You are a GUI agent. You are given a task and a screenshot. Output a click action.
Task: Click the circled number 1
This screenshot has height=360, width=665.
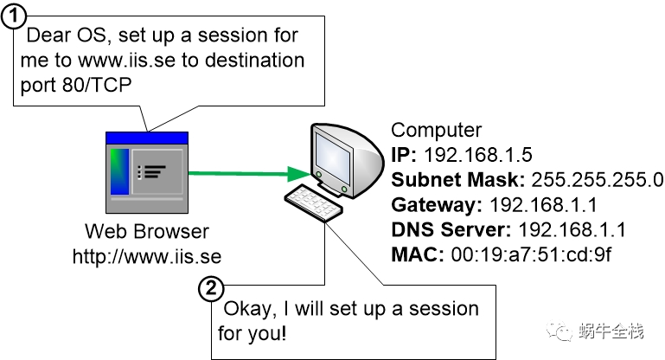pyautogui.click(x=13, y=16)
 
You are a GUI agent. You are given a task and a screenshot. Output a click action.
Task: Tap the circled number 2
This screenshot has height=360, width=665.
pyautogui.click(x=211, y=289)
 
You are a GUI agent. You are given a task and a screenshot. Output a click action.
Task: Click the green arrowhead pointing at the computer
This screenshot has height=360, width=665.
pyautogui.click(x=298, y=173)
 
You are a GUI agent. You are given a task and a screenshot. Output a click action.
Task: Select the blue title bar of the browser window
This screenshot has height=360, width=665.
pyautogui.click(x=147, y=138)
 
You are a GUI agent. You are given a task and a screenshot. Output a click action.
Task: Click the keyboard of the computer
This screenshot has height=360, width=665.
pyautogui.click(x=313, y=202)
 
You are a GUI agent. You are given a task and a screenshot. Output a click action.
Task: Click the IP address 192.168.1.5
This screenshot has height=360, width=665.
pyautogui.click(x=478, y=155)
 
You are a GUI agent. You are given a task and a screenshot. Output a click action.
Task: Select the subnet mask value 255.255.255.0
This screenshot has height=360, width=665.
pyautogui.click(x=597, y=180)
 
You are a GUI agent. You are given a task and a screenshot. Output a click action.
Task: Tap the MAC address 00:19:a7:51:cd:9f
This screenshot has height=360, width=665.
pyautogui.click(x=531, y=254)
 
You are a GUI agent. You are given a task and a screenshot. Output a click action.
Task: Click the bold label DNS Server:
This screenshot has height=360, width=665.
pyautogui.click(x=451, y=229)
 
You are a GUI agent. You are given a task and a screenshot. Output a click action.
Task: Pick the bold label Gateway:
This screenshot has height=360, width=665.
pyautogui.click(x=437, y=205)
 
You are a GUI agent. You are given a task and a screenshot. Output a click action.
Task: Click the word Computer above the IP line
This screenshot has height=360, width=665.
pyautogui.click(x=437, y=131)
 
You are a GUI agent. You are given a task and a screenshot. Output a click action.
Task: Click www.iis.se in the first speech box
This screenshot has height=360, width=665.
pyautogui.click(x=127, y=61)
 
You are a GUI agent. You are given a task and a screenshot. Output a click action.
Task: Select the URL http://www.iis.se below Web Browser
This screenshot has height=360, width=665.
pyautogui.click(x=147, y=256)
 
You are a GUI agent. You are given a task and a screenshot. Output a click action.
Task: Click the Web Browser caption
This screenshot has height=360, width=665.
pyautogui.click(x=147, y=231)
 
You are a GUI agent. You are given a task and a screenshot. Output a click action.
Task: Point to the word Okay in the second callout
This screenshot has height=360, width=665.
pyautogui.click(x=250, y=310)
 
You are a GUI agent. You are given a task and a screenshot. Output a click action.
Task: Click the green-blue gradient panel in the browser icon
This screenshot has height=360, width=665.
pyautogui.click(x=119, y=171)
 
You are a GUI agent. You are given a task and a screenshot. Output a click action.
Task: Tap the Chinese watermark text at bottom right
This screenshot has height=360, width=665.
pyautogui.click(x=611, y=331)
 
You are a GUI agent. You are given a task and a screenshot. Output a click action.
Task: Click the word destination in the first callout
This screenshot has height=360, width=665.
pyautogui.click(x=255, y=61)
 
